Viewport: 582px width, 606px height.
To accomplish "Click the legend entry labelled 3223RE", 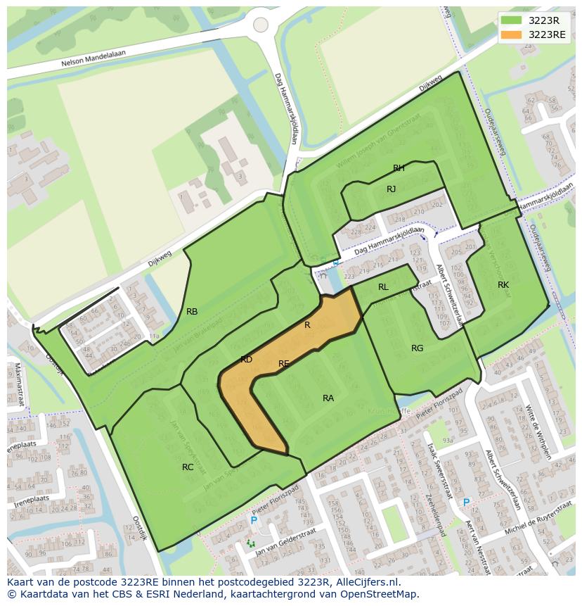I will click(547, 34).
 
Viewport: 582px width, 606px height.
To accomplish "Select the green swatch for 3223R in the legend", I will click(512, 20).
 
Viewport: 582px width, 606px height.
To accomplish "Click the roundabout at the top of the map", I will click(261, 25).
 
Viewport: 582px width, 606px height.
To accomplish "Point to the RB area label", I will click(192, 312).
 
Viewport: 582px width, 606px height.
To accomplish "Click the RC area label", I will click(188, 467).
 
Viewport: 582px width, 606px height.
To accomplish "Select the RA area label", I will click(328, 398).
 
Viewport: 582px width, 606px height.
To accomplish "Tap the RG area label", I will click(418, 348).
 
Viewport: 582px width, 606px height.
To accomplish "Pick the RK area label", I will click(503, 285).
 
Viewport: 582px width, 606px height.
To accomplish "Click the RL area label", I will click(383, 287).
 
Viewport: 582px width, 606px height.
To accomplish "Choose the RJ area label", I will click(392, 189).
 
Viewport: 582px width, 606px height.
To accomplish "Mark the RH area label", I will click(399, 168).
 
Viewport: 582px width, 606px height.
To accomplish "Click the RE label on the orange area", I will click(284, 364).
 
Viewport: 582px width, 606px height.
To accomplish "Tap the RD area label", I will click(246, 360).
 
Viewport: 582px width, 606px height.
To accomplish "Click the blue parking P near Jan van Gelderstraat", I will click(254, 520).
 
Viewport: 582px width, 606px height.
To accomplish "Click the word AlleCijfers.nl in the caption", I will click(366, 582).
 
